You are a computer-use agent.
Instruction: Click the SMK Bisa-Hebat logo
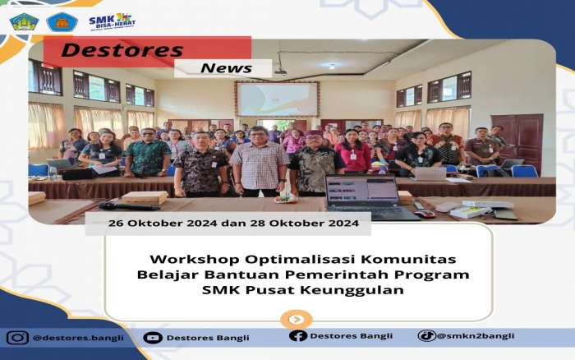click(113, 22)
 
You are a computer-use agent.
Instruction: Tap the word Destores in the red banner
click(122, 50)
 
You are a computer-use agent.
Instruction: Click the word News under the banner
click(226, 68)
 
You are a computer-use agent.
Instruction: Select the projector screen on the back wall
click(278, 99)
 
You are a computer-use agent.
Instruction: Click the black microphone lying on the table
click(128, 206)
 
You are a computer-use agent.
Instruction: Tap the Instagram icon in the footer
click(17, 338)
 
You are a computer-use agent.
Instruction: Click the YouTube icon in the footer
click(153, 338)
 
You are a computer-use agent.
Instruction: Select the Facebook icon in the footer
click(297, 336)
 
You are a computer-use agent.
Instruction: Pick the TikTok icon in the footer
click(427, 335)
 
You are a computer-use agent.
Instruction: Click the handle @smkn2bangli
click(476, 336)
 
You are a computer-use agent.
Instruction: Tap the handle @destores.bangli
click(78, 338)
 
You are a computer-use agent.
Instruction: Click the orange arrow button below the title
click(297, 320)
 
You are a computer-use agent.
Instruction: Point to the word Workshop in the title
click(195, 260)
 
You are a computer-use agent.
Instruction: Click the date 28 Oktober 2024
click(305, 223)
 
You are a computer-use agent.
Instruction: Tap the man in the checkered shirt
click(259, 161)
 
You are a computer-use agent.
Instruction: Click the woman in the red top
click(353, 151)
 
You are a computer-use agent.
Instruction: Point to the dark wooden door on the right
click(517, 141)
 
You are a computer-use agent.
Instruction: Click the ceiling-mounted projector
click(281, 72)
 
